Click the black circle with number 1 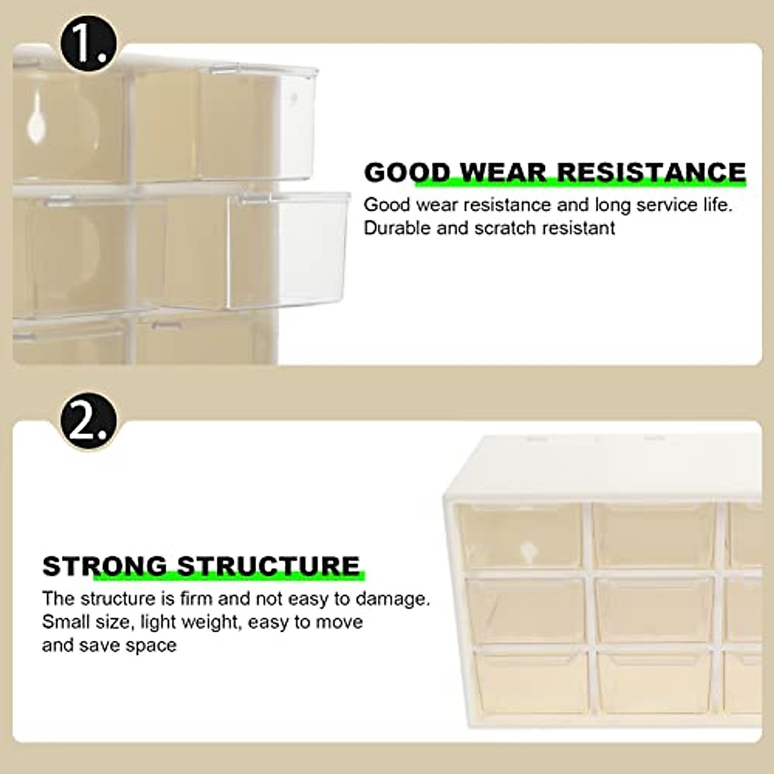tap(87, 40)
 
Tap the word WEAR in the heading tap(502, 173)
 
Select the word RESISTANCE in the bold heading tap(651, 173)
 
